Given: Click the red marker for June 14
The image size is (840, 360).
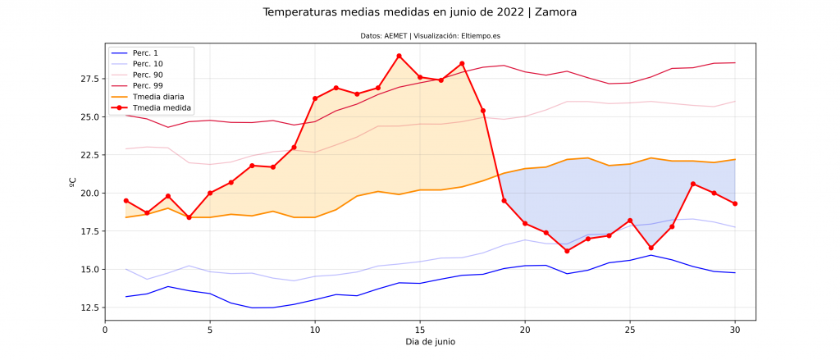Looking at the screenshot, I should click(x=399, y=56).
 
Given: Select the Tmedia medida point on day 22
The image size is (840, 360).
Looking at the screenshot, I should click(x=567, y=251).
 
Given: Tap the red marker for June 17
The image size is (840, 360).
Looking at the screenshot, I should click(x=462, y=63).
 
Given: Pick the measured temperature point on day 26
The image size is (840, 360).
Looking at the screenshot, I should click(x=651, y=248).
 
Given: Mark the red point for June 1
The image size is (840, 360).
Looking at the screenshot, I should click(x=126, y=200).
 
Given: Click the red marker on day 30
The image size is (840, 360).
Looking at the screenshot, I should click(x=735, y=203).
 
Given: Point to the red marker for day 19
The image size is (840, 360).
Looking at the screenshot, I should click(x=504, y=201).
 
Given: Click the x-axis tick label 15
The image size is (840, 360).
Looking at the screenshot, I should click(x=420, y=329).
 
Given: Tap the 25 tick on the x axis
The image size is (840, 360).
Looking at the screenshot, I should click(x=630, y=329).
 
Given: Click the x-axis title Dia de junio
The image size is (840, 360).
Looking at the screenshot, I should click(x=430, y=342).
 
